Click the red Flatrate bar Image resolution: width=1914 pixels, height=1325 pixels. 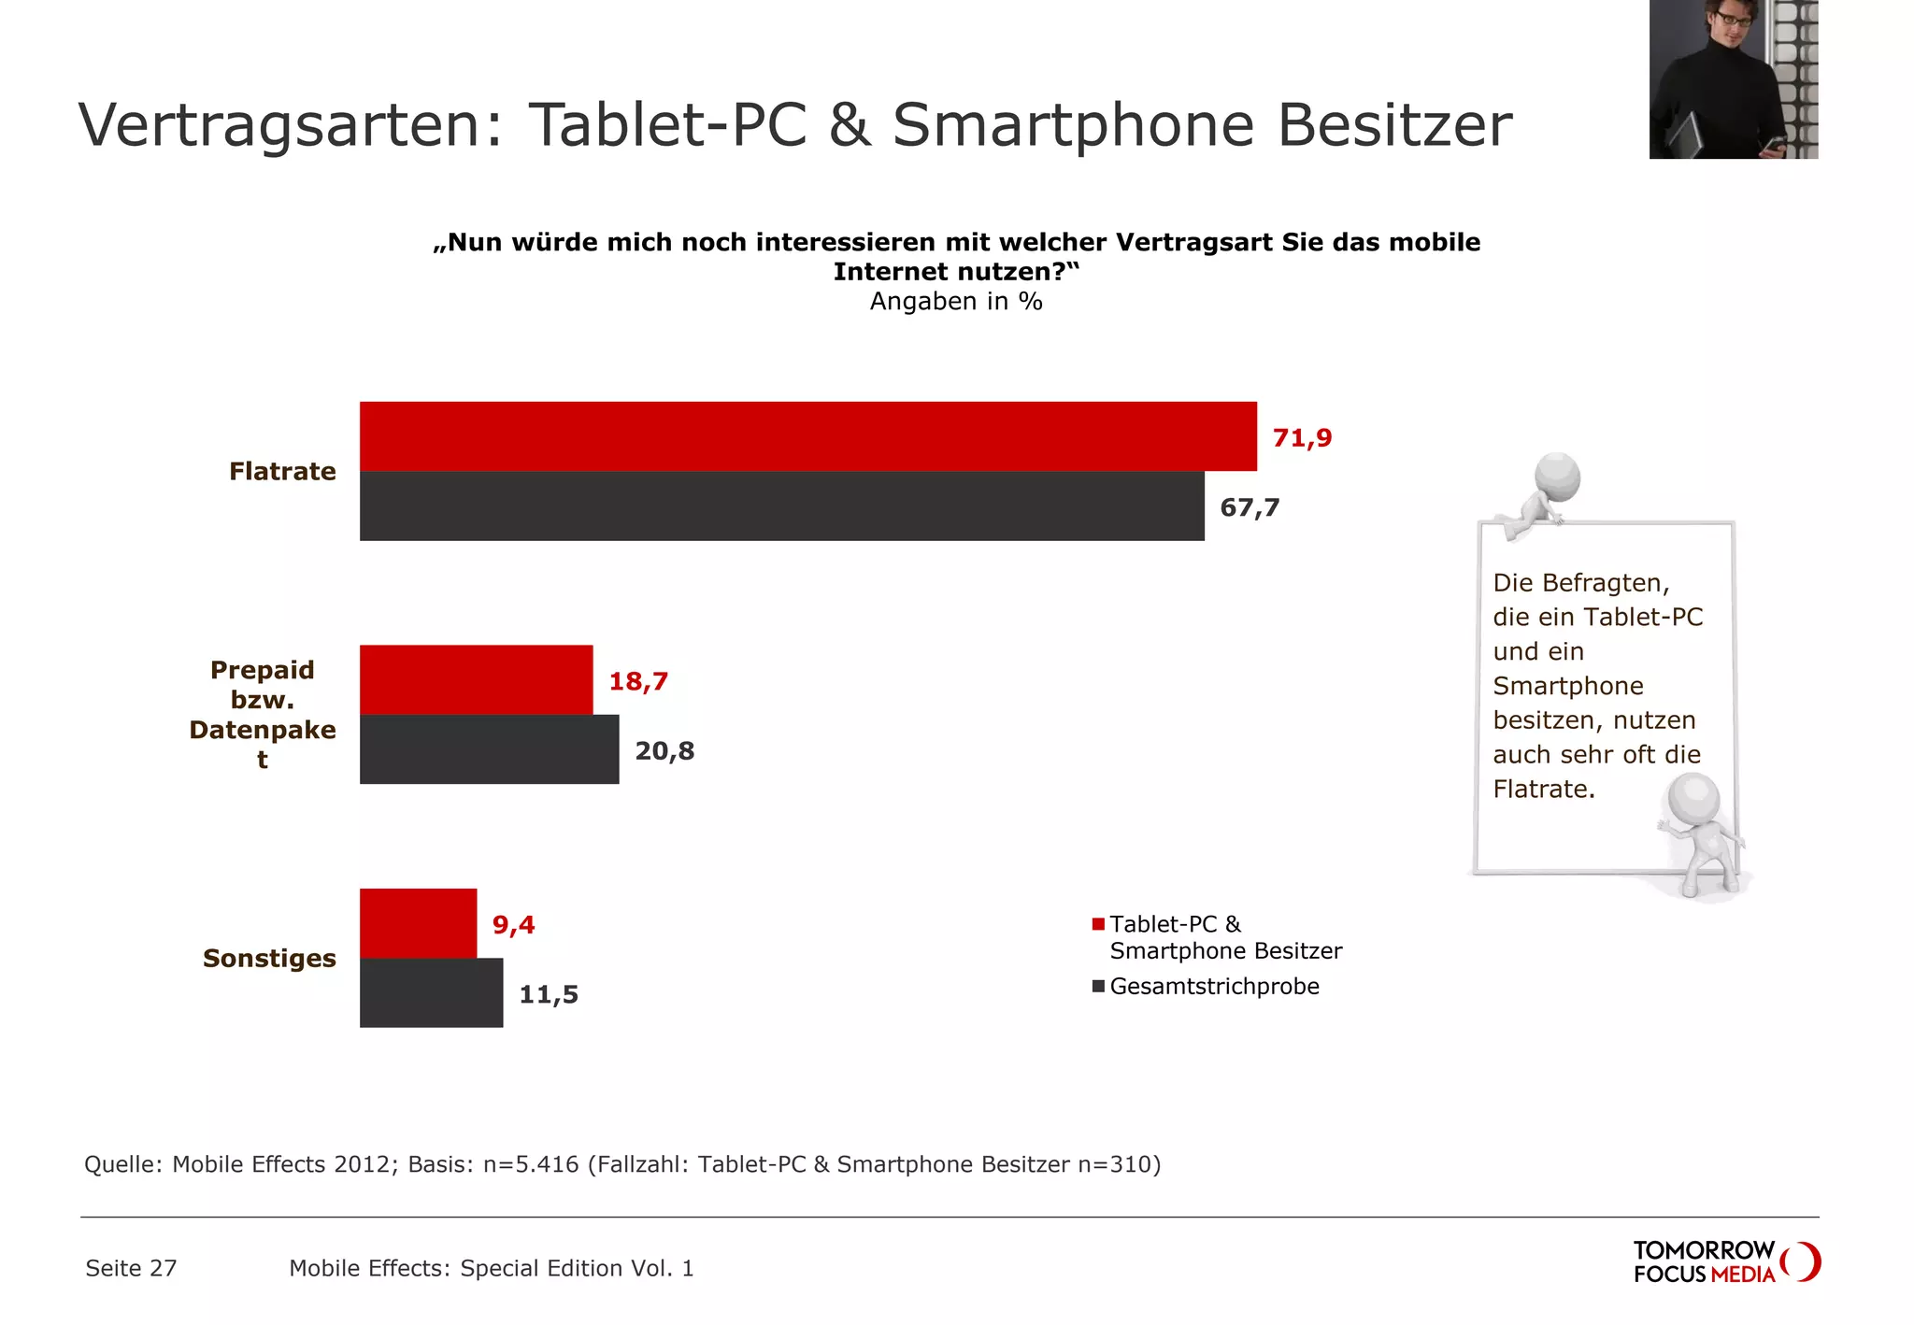(x=808, y=436)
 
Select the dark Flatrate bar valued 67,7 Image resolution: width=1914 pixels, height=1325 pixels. (x=782, y=506)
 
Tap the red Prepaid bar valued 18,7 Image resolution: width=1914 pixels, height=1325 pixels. (x=476, y=679)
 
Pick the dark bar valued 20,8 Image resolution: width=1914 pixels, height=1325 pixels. (x=489, y=749)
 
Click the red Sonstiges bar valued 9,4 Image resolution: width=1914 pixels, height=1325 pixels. (x=418, y=923)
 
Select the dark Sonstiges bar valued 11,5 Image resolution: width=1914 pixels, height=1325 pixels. (x=431, y=992)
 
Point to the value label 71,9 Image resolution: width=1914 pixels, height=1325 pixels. (x=1302, y=437)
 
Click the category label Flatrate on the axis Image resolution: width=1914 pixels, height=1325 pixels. (x=282, y=471)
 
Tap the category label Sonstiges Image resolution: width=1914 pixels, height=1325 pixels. (x=269, y=958)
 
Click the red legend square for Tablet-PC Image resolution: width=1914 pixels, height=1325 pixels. (x=1098, y=924)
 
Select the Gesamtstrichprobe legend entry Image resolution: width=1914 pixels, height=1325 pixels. (x=1213, y=986)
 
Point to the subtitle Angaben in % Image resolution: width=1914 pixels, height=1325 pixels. (x=956, y=301)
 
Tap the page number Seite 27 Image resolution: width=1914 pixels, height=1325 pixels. (x=131, y=1268)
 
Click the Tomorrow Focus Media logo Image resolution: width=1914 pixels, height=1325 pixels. (x=1725, y=1261)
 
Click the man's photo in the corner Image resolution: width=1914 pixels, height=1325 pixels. (x=1733, y=79)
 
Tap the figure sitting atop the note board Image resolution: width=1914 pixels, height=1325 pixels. (x=1542, y=495)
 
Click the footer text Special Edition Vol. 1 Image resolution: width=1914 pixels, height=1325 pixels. (x=577, y=1268)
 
